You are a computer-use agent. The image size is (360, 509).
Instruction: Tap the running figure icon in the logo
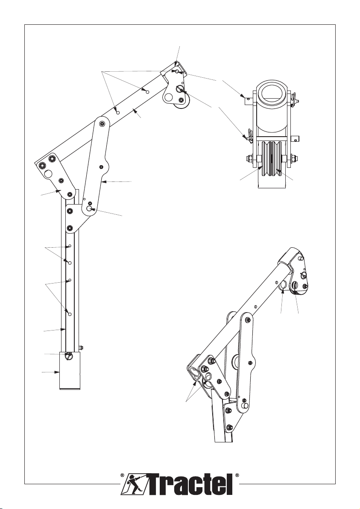(x=135, y=484)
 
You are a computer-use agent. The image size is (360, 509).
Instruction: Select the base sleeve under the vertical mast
(x=69, y=370)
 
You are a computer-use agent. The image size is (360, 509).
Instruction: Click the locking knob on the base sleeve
(x=69, y=356)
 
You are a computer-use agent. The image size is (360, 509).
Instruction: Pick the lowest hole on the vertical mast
(x=70, y=314)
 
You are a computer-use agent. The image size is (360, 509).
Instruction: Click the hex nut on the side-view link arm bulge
(x=101, y=167)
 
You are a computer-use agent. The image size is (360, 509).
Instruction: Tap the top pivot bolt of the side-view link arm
(x=102, y=124)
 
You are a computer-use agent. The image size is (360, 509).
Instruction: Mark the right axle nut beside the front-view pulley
(x=294, y=158)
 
